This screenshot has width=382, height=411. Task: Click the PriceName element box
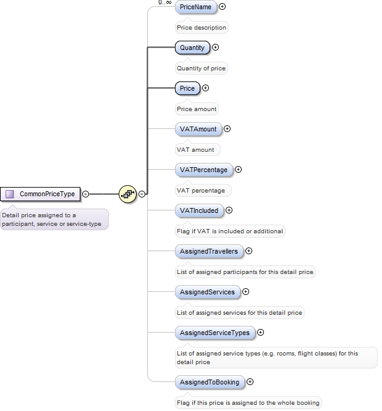[x=195, y=7]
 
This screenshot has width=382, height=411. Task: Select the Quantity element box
[x=192, y=48]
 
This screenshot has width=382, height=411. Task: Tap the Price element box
[x=187, y=88]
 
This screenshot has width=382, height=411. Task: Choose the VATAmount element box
[x=198, y=129]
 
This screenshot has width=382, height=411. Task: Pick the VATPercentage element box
[x=203, y=170]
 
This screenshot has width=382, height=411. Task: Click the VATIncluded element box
[x=199, y=210]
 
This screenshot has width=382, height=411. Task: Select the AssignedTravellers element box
[x=208, y=251]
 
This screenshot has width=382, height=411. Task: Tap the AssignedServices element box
[x=207, y=292]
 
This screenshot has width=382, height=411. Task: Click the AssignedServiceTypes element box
[x=214, y=333]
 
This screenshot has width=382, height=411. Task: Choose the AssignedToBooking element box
[x=210, y=382]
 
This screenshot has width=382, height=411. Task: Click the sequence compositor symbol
[x=128, y=194]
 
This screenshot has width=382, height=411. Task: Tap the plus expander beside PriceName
[x=223, y=7]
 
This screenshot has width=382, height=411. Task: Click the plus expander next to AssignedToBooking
[x=250, y=382]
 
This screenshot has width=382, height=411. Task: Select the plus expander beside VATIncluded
[x=229, y=210]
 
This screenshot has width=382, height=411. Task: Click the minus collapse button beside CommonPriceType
[x=86, y=194]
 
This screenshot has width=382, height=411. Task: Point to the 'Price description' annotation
[x=202, y=28]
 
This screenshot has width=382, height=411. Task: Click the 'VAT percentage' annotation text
[x=201, y=191]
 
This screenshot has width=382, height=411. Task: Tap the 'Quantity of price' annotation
[x=202, y=68]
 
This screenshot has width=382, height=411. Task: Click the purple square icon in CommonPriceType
[x=10, y=194]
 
